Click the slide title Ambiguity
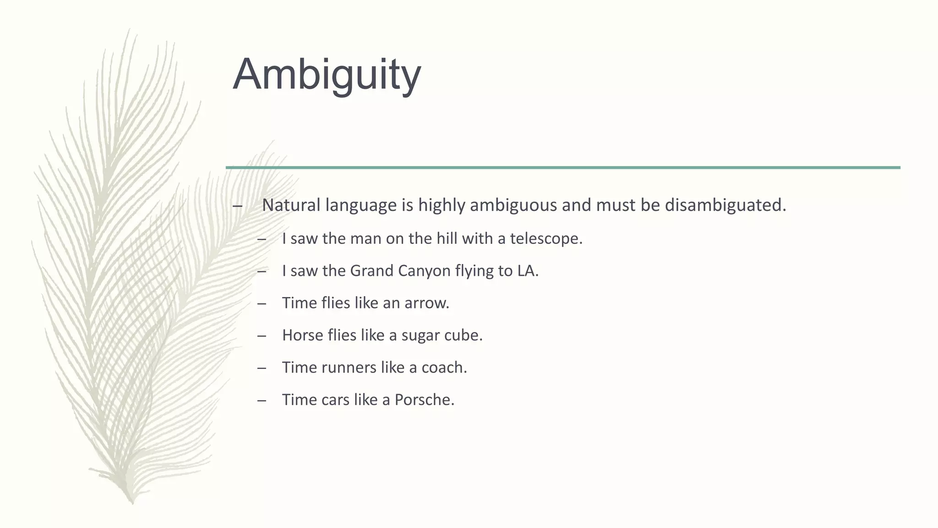(x=327, y=75)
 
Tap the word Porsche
(x=424, y=400)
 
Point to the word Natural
(x=291, y=205)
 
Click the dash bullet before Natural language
(x=237, y=206)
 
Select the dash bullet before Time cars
(x=262, y=401)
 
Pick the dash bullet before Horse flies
(x=262, y=336)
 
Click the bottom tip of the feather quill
(x=132, y=502)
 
